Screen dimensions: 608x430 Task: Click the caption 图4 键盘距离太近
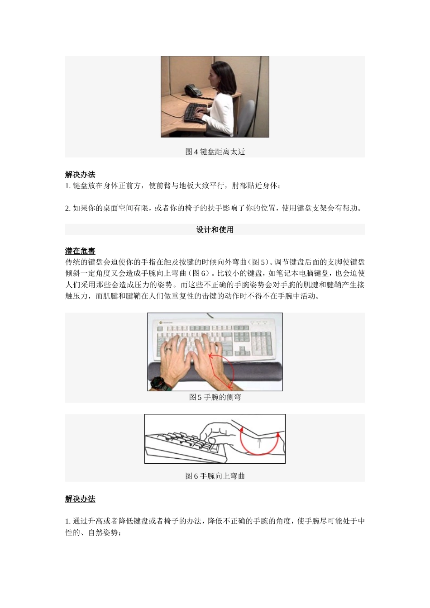(x=215, y=152)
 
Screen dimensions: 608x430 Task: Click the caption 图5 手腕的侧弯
(x=215, y=397)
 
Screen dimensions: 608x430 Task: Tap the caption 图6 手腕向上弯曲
(x=215, y=476)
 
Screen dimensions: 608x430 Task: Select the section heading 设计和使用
(x=215, y=230)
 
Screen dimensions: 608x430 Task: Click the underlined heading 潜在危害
(x=80, y=251)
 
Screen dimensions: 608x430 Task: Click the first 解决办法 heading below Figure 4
(x=80, y=175)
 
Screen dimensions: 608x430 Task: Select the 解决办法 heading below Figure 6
(x=80, y=499)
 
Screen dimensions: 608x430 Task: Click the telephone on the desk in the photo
(x=193, y=90)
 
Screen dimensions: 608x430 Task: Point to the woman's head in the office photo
(x=219, y=74)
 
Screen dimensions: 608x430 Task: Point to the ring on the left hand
(x=168, y=349)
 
